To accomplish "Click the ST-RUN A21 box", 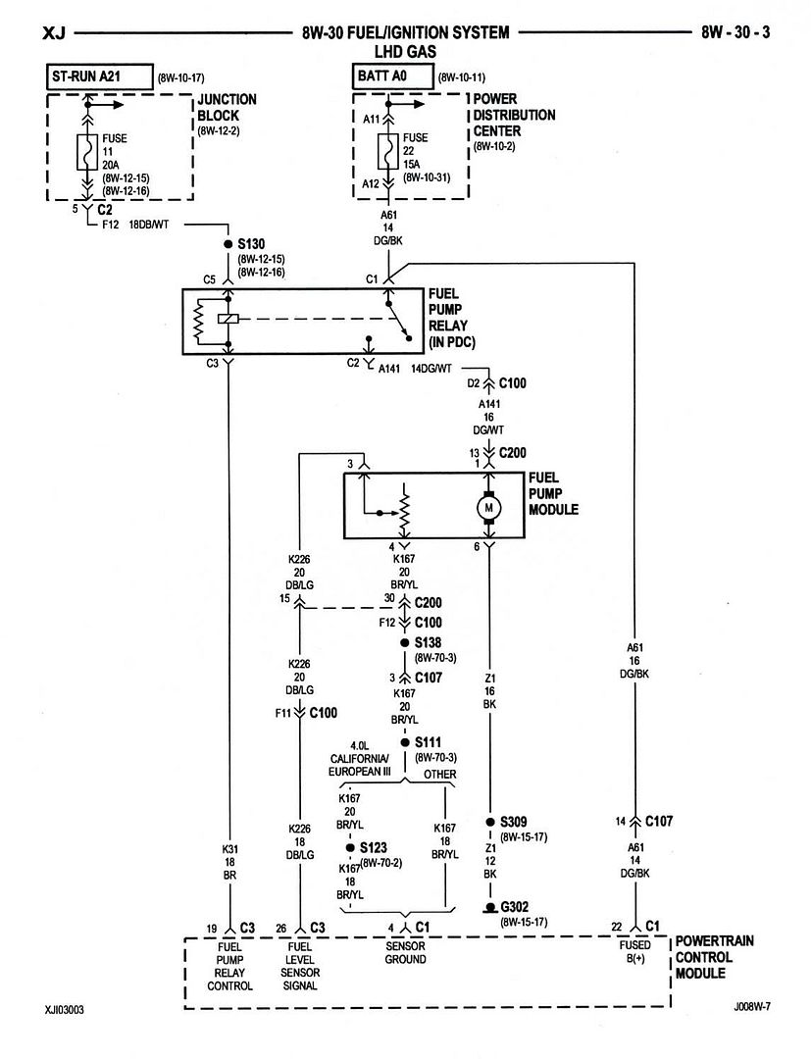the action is coord(99,77).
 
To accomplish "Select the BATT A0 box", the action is coord(391,76).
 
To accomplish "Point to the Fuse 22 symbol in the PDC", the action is coord(387,151).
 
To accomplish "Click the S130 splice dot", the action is coord(228,244).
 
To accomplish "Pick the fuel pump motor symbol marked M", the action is coord(489,508).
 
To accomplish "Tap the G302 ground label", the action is coord(515,907).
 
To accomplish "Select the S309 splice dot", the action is coord(490,823).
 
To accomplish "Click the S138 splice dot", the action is coord(404,643).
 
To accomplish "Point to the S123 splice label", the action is coord(374,847).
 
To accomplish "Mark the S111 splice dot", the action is coord(404,742).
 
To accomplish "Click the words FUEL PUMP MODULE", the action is coord(553,493).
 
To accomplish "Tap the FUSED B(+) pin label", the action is coord(634,951).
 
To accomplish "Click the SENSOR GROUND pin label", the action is coord(405,952).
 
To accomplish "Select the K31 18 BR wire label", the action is coord(229,862).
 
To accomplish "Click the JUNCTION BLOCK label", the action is coord(227,108).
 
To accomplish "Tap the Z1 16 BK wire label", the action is coord(490,691).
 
